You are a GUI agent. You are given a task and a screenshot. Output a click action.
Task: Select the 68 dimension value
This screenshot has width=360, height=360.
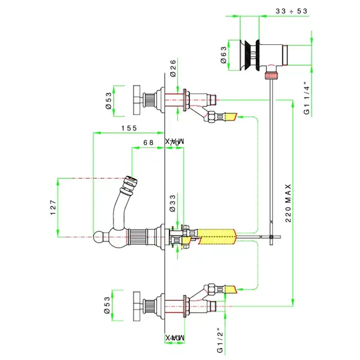149,142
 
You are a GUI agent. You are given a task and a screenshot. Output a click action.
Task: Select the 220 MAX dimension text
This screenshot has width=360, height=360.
288,203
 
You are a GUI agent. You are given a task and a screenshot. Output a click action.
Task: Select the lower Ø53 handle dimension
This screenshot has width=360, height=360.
109,305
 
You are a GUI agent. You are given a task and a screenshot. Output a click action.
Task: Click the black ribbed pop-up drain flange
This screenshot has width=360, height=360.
250,54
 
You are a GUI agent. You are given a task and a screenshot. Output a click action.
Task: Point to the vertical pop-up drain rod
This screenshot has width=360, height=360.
270,154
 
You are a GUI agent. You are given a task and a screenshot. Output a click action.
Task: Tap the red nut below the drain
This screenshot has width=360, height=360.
271,76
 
